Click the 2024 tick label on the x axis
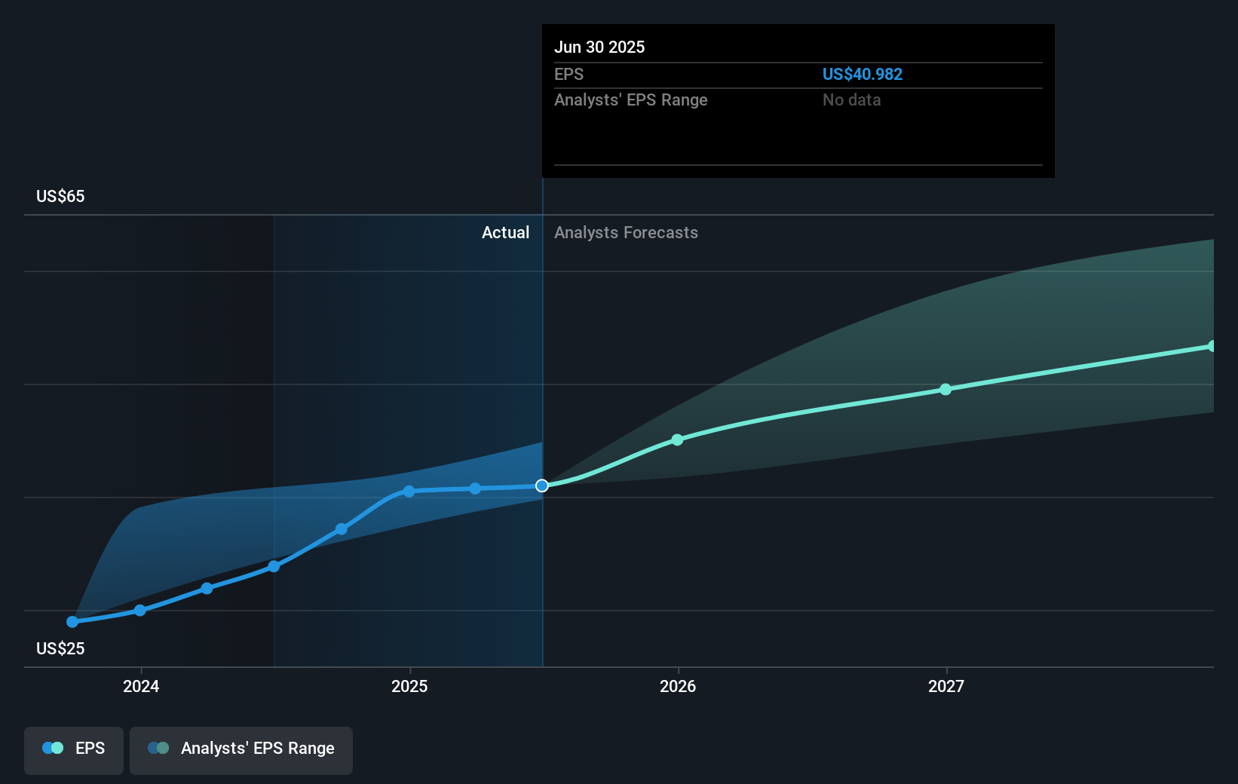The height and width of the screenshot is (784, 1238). (141, 686)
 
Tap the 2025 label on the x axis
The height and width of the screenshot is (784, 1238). (409, 686)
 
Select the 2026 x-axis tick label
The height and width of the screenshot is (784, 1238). (678, 686)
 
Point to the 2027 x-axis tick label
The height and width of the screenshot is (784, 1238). (946, 686)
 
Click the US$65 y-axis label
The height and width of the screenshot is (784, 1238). (60, 196)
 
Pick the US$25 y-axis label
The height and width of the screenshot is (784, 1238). (60, 648)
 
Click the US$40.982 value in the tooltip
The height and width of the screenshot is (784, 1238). (862, 74)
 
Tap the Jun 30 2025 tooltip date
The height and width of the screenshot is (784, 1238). (599, 47)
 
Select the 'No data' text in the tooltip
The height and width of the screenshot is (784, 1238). (851, 100)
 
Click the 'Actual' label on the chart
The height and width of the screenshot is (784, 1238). (505, 232)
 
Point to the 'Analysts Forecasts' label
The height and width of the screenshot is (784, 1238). (626, 232)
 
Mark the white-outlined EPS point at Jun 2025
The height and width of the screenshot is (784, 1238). (542, 485)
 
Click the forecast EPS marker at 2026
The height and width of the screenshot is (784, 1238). (677, 439)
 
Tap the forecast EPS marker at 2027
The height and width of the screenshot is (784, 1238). (945, 389)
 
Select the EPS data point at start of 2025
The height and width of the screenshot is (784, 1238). (409, 491)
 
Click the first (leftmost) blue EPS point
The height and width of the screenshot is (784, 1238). (72, 622)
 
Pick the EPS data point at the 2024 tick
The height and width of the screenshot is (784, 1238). (139, 610)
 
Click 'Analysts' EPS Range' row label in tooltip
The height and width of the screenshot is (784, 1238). (630, 100)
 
